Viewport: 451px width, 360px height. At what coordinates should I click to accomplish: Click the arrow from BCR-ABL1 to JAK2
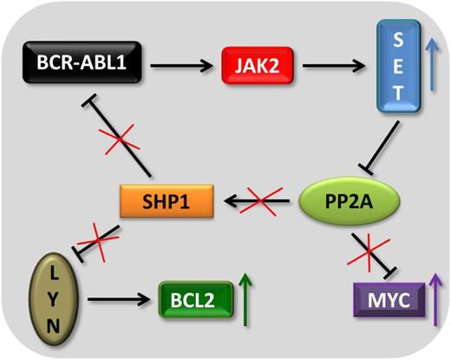point(178,63)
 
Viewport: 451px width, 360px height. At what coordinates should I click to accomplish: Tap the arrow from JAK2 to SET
point(320,63)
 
